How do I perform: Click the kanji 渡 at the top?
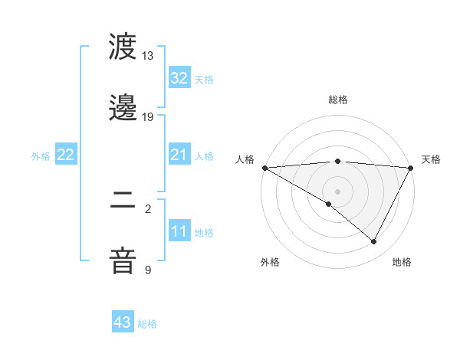tap(123, 48)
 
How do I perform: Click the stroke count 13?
tap(148, 56)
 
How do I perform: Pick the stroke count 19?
tap(148, 117)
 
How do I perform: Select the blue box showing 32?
tap(179, 78)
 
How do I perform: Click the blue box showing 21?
tap(179, 155)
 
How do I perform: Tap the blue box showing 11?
tap(179, 232)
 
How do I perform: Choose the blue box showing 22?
tap(66, 155)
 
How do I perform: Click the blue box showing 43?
tap(123, 322)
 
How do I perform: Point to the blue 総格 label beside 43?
tap(147, 324)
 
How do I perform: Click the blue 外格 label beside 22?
tap(41, 156)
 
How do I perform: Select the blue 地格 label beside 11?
tap(204, 233)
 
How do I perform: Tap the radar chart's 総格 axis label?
tap(338, 100)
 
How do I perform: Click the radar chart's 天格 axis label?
tap(431, 159)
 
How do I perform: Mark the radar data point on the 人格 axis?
tap(264, 168)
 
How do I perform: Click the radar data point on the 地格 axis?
tap(374, 242)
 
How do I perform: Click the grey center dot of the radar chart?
tap(337, 191)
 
